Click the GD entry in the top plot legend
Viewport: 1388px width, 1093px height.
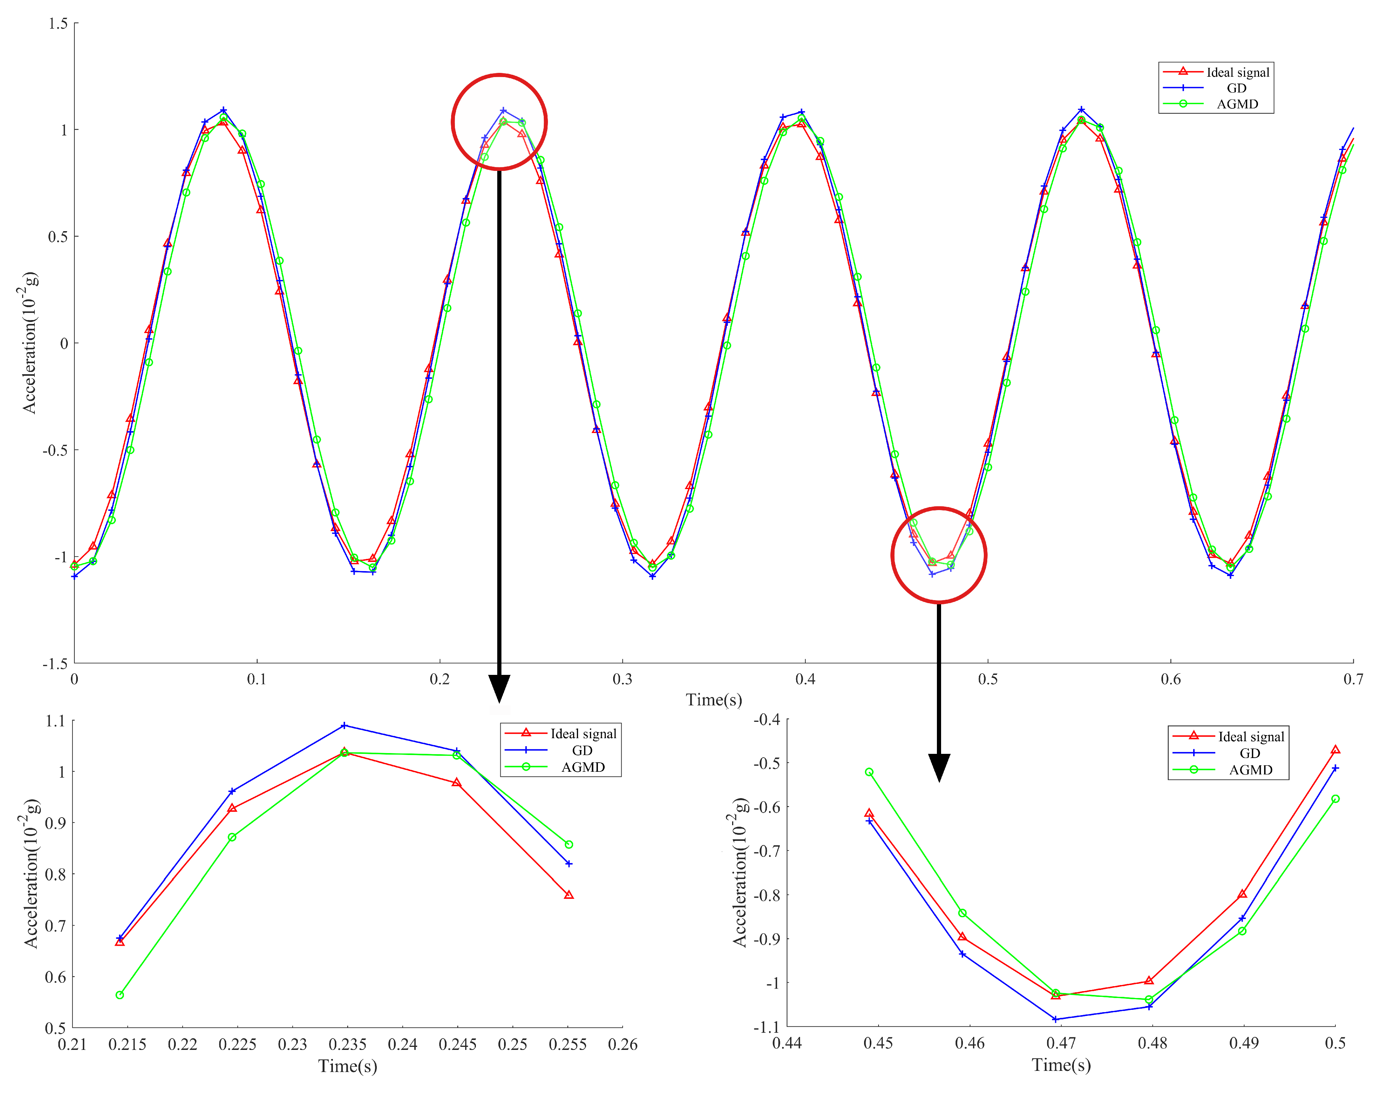[1236, 88]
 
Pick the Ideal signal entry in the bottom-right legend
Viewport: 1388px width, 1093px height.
[1250, 737]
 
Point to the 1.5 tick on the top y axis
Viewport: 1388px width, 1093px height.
[58, 24]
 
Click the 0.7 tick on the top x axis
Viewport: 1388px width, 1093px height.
[1353, 679]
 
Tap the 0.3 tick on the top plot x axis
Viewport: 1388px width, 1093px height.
[622, 679]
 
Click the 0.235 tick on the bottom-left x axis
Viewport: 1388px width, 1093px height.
[347, 1045]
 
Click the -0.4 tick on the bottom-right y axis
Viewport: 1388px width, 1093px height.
[766, 719]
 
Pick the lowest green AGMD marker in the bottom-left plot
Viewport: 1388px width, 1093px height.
[120, 995]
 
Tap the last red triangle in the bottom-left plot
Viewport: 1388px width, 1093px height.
[569, 895]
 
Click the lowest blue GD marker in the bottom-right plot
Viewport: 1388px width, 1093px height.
[1055, 1019]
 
